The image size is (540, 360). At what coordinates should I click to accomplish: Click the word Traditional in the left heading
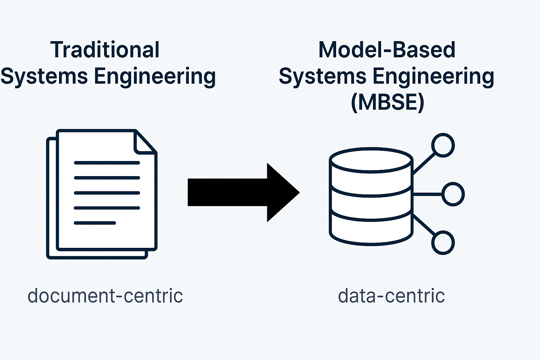(x=105, y=50)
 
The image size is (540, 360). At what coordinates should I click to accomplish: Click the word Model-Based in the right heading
(x=387, y=50)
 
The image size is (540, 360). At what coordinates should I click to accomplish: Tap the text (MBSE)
(x=387, y=103)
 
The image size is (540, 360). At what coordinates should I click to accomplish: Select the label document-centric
(x=105, y=296)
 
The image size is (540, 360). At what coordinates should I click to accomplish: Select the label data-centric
(x=391, y=296)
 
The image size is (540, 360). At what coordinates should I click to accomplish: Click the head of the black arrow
(x=281, y=192)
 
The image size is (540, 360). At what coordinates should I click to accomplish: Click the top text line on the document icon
(x=107, y=163)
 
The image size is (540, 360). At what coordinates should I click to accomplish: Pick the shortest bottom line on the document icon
(x=95, y=223)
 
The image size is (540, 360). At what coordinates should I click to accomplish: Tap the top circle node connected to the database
(x=443, y=145)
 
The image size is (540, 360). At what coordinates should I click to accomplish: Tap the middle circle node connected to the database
(x=453, y=194)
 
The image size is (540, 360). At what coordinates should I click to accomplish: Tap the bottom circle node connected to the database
(x=443, y=243)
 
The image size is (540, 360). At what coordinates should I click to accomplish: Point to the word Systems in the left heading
(x=44, y=76)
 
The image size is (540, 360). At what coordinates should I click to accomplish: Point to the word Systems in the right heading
(x=323, y=76)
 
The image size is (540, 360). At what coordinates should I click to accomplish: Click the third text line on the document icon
(x=107, y=193)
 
